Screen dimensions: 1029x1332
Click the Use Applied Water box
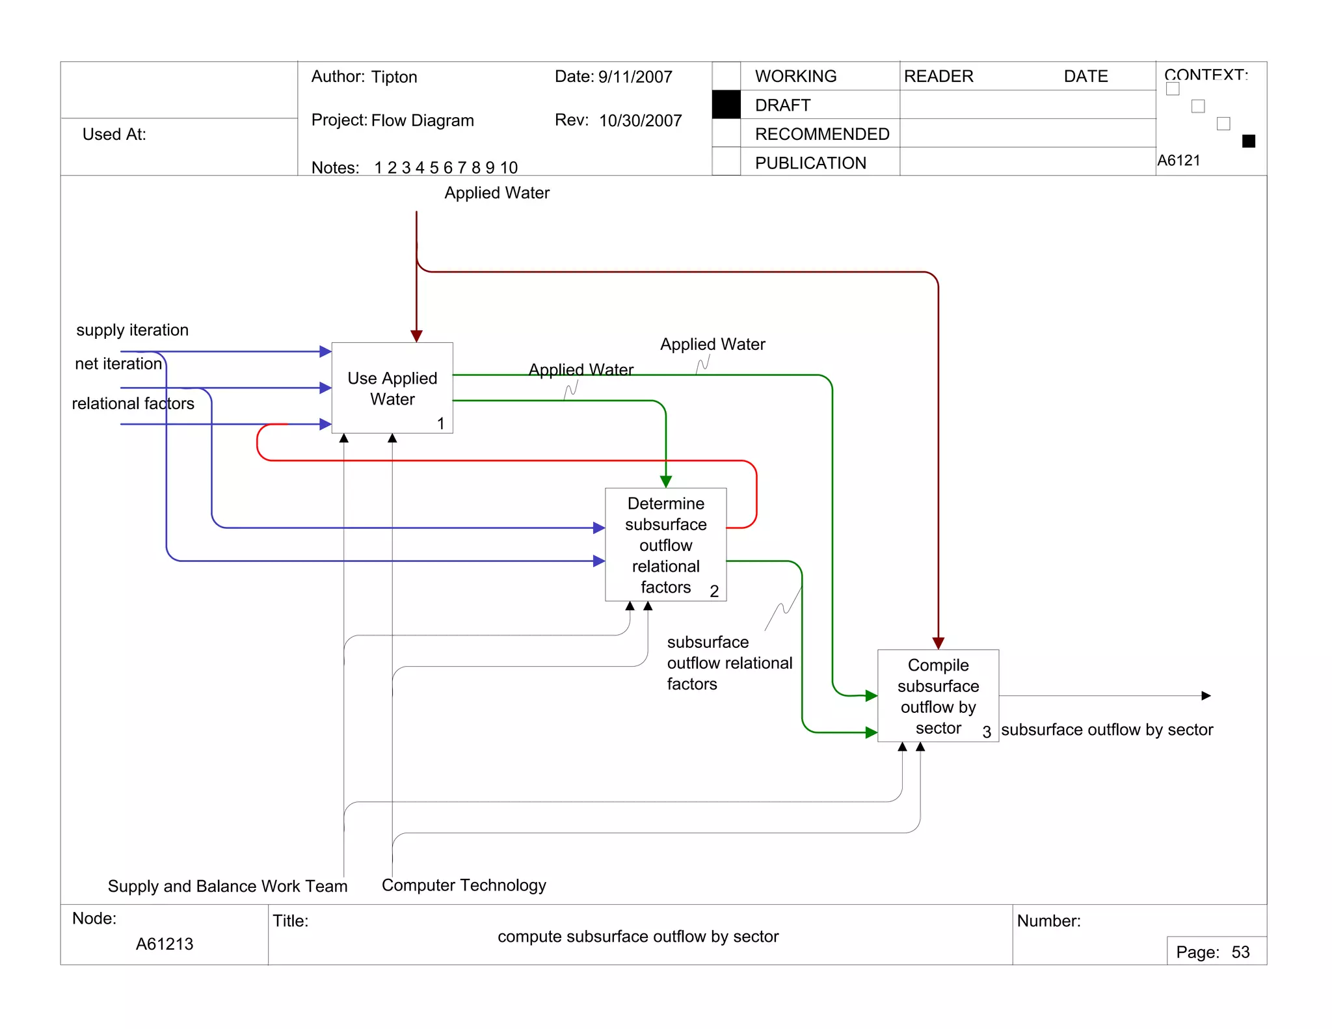point(392,388)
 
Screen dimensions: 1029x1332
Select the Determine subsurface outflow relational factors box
point(665,544)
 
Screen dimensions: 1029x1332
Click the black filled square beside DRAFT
point(726,105)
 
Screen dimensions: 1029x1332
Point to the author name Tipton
point(394,77)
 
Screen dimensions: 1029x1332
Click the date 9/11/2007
point(635,77)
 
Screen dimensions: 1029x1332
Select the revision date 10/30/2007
point(640,120)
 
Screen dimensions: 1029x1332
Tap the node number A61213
point(165,944)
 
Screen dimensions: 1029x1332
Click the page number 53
point(1240,952)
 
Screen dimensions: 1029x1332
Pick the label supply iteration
point(132,330)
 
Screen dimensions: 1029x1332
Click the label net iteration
point(118,364)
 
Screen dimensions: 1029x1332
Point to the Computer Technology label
point(464,885)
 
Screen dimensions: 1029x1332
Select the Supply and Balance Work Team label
point(228,886)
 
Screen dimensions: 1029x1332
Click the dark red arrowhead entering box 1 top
point(416,336)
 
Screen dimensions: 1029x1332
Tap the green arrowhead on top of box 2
point(665,481)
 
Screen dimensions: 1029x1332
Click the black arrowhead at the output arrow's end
point(1206,696)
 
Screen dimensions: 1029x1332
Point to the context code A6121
point(1179,160)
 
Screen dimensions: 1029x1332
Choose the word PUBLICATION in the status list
point(810,163)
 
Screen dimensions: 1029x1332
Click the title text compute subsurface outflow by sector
point(637,937)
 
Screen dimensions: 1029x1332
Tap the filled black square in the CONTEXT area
point(1248,141)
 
